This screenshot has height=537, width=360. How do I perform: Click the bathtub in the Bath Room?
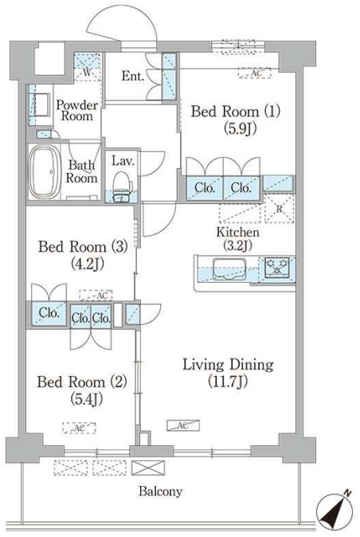pyautogui.click(x=44, y=172)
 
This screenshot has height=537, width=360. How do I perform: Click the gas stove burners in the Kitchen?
pyautogui.click(x=277, y=267)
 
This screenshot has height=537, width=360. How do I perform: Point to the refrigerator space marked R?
pyautogui.click(x=280, y=209)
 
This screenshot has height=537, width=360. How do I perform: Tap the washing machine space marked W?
pyautogui.click(x=88, y=67)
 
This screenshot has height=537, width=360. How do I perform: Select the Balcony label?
pyautogui.click(x=160, y=491)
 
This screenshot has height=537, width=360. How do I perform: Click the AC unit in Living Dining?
pyautogui.click(x=183, y=425)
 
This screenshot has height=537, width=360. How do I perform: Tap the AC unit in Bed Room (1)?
pyautogui.click(x=255, y=73)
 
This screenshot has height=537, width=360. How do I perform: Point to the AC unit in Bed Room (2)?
pyautogui.click(x=80, y=428)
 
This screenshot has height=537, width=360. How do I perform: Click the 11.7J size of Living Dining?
pyautogui.click(x=228, y=382)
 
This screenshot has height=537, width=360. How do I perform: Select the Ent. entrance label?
pyautogui.click(x=132, y=76)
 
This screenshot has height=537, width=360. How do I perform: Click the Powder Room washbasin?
pyautogui.click(x=41, y=104)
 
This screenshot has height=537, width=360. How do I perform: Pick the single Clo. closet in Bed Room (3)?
pyautogui.click(x=49, y=313)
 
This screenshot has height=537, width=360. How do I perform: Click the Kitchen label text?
pyautogui.click(x=238, y=232)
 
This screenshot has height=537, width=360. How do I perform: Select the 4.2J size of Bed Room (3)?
pyautogui.click(x=87, y=263)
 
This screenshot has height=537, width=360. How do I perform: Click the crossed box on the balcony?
pyautogui.click(x=148, y=468)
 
